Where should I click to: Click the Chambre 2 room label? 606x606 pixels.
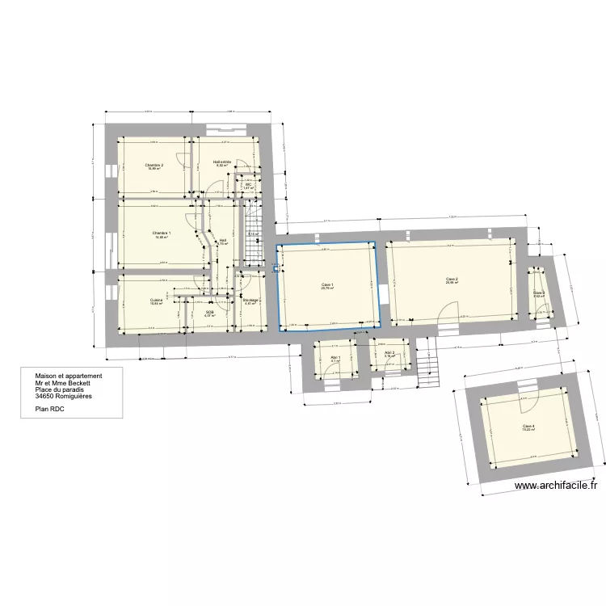tap(154, 166)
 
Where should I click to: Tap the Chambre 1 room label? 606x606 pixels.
tap(162, 234)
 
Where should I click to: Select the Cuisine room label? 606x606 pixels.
tap(156, 300)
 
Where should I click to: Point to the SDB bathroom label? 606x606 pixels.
tap(209, 311)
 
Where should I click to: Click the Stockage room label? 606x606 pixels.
tap(250, 300)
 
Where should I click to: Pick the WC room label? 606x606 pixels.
tap(249, 185)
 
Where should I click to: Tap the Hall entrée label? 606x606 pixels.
tap(222, 162)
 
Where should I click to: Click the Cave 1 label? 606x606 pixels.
tap(327, 285)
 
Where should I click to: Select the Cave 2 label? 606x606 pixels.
tap(452, 280)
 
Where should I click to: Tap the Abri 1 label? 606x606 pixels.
tap(335, 358)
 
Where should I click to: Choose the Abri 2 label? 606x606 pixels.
tap(389, 353)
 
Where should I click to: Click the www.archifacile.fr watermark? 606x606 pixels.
tap(558, 486)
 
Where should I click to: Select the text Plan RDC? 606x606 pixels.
tap(50, 410)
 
